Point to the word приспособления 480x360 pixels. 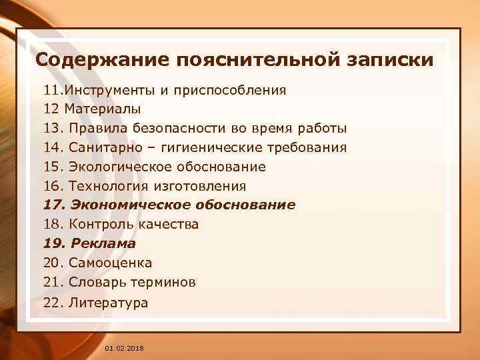click(229, 89)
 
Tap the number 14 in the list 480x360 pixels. click(53, 147)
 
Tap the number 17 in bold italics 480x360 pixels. click(53, 205)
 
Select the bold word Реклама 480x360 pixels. click(103, 244)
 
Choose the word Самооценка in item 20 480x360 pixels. click(110, 263)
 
